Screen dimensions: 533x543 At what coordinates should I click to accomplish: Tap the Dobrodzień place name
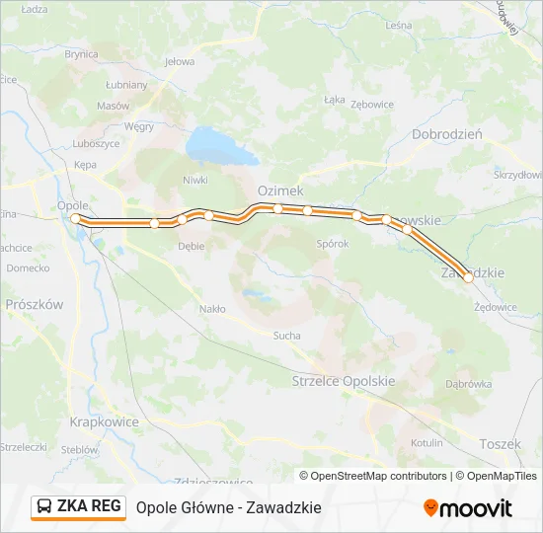point(446,134)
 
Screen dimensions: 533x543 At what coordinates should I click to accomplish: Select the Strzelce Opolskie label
point(344,381)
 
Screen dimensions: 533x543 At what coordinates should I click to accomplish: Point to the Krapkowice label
point(104,420)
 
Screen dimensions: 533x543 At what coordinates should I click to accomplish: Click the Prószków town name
point(34,305)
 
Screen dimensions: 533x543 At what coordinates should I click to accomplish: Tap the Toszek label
point(500,444)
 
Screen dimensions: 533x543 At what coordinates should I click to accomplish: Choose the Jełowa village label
point(180,61)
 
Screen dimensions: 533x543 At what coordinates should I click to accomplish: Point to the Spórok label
point(332,244)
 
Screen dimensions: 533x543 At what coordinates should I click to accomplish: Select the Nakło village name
point(212,309)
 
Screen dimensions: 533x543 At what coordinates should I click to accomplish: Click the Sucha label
point(286,336)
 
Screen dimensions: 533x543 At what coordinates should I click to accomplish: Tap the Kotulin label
point(427,443)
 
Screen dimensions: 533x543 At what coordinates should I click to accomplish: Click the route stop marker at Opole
point(75,218)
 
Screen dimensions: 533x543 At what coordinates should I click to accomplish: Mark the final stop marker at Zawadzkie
point(468,278)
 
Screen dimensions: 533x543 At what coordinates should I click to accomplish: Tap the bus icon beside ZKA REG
point(44,507)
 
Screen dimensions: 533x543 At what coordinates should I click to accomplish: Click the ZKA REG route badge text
point(90,506)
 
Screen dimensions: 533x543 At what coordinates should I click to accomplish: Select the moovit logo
point(468,508)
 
